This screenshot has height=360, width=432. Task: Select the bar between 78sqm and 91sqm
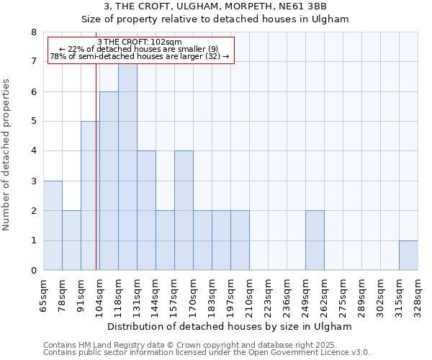tap(71, 240)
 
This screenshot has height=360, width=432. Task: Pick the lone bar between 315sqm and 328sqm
tap(408, 256)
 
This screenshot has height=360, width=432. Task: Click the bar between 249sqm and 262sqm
tap(315, 240)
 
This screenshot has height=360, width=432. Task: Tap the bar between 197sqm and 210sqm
tap(240, 240)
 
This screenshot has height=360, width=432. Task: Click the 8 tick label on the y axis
tap(33, 32)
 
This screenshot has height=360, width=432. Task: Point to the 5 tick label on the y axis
tap(33, 122)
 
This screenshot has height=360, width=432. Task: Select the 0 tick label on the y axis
tap(33, 271)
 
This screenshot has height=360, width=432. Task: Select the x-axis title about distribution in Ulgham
tap(230, 326)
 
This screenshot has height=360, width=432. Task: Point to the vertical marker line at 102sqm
tap(96, 180)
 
